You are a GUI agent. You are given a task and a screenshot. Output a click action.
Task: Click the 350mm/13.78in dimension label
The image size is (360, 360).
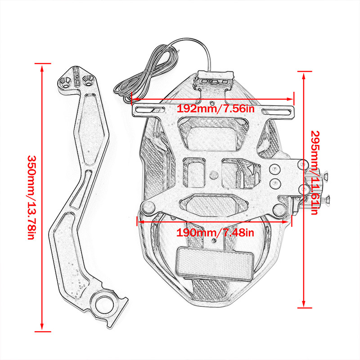point(31,198)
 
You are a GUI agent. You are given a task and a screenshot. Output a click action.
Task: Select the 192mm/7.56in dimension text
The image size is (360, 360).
point(216,109)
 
